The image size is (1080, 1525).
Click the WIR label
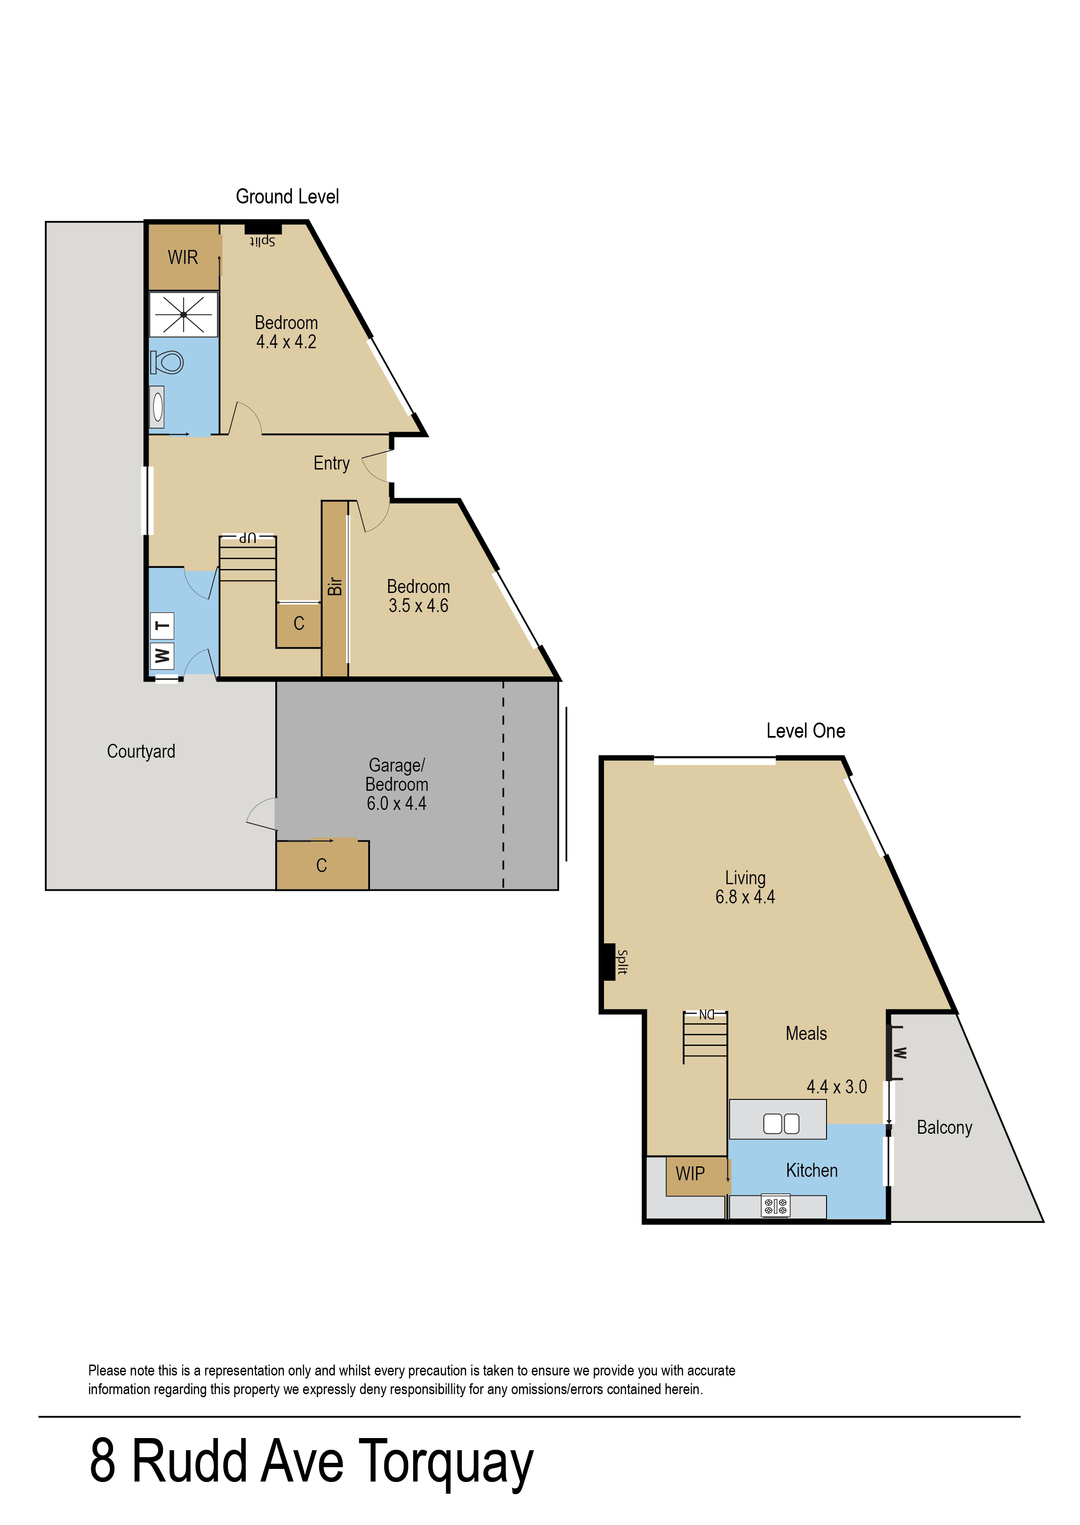point(183,257)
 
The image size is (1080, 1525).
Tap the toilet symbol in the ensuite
point(167,362)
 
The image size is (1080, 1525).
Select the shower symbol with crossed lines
point(183,314)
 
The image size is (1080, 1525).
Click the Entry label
point(331,463)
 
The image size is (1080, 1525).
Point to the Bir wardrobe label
point(334,586)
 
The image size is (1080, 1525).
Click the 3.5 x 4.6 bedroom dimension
point(418,606)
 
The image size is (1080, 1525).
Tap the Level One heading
point(805,731)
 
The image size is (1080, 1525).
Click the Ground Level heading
point(287,197)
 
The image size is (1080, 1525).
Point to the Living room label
point(745,878)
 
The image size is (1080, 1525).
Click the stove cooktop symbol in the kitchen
point(775,1206)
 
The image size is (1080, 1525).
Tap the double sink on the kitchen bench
point(781,1123)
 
